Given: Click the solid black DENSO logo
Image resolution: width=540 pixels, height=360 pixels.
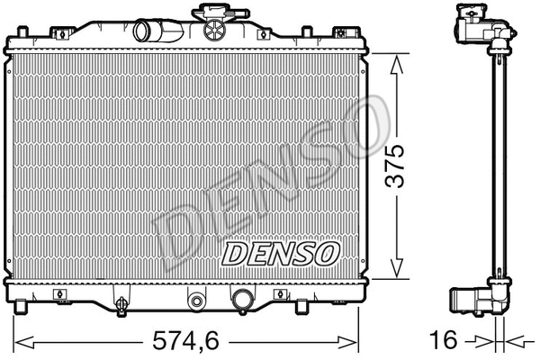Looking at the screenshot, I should (281, 254).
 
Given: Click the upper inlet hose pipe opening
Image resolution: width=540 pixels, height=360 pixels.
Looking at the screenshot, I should (145, 31).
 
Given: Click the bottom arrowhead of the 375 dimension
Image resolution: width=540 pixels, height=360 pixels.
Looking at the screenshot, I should (395, 272).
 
